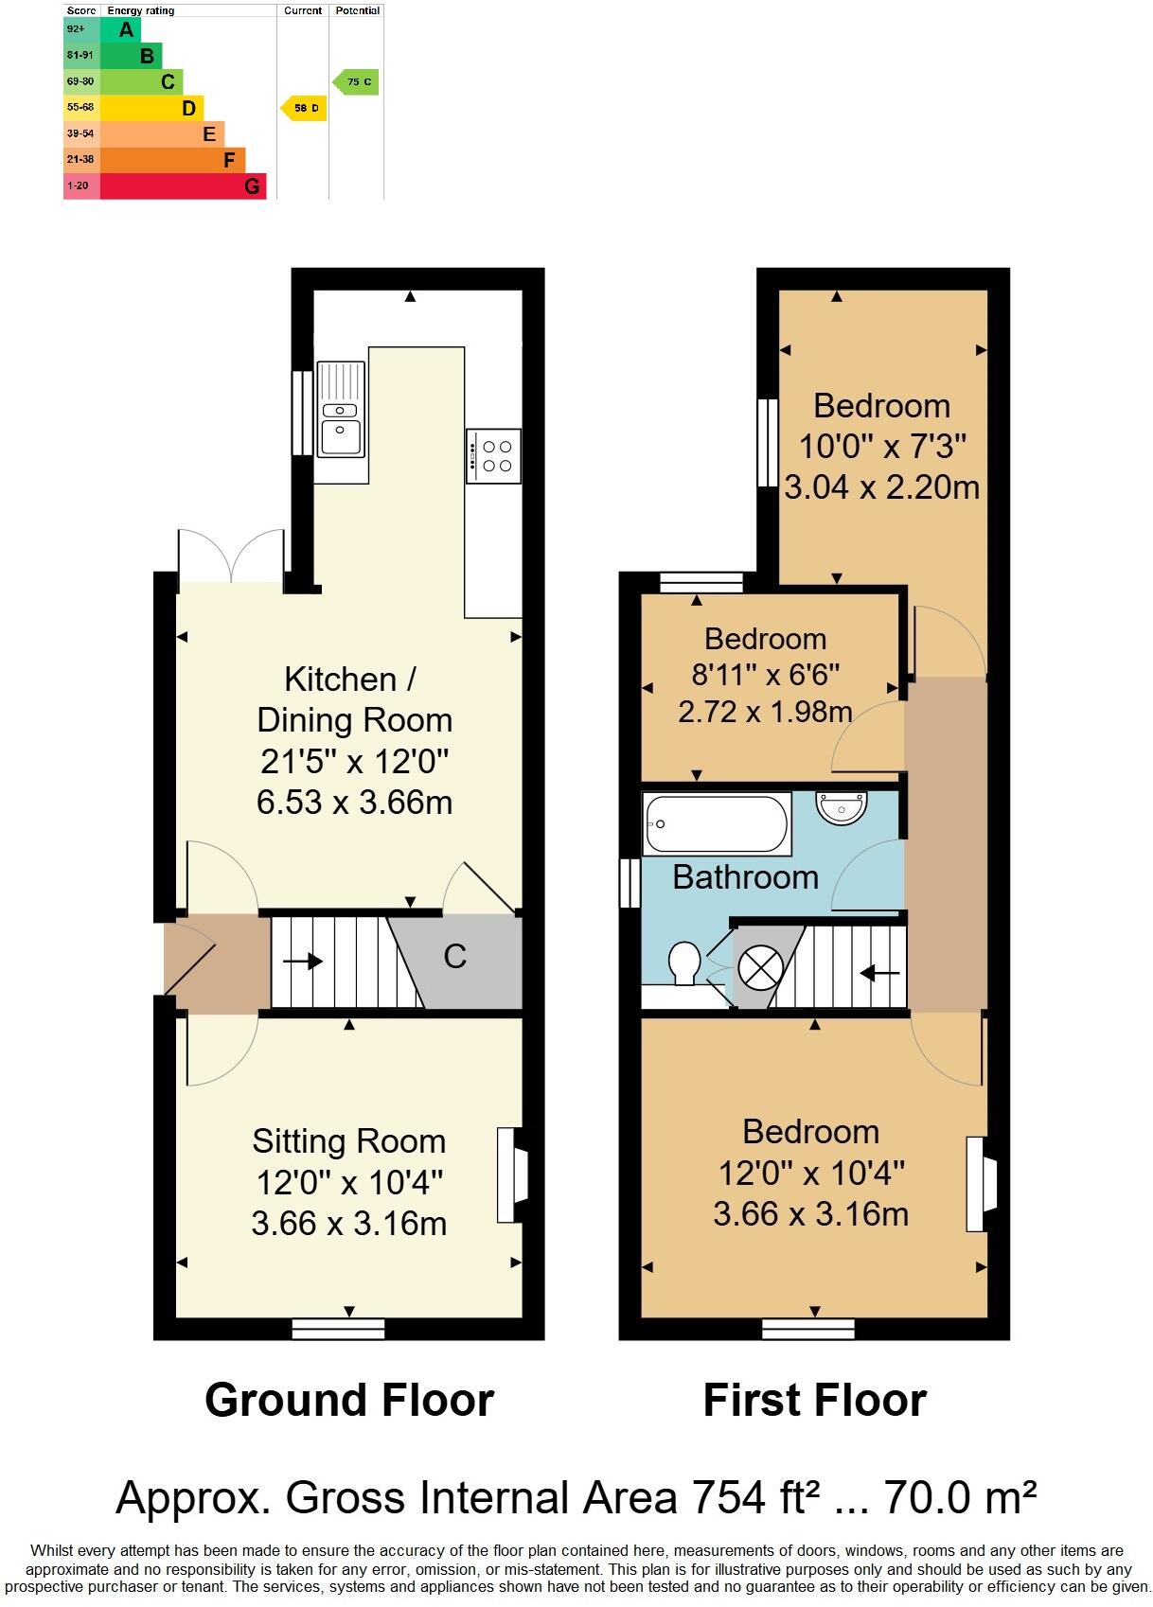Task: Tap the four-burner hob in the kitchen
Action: pos(493,455)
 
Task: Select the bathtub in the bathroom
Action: pos(716,823)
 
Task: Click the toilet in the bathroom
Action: pos(683,963)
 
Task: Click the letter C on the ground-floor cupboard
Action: pos(455,957)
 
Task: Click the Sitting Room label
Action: pos(348,1141)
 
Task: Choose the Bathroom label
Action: pos(745,877)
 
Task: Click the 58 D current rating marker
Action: pos(304,109)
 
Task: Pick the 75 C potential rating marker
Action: pos(356,82)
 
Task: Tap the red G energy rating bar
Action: pos(182,186)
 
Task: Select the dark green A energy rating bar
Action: pos(119,29)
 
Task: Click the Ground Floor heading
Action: pos(349,1401)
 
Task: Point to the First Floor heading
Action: pos(814,1401)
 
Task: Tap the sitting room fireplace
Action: pos(511,1174)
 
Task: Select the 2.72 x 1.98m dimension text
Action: pos(765,712)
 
